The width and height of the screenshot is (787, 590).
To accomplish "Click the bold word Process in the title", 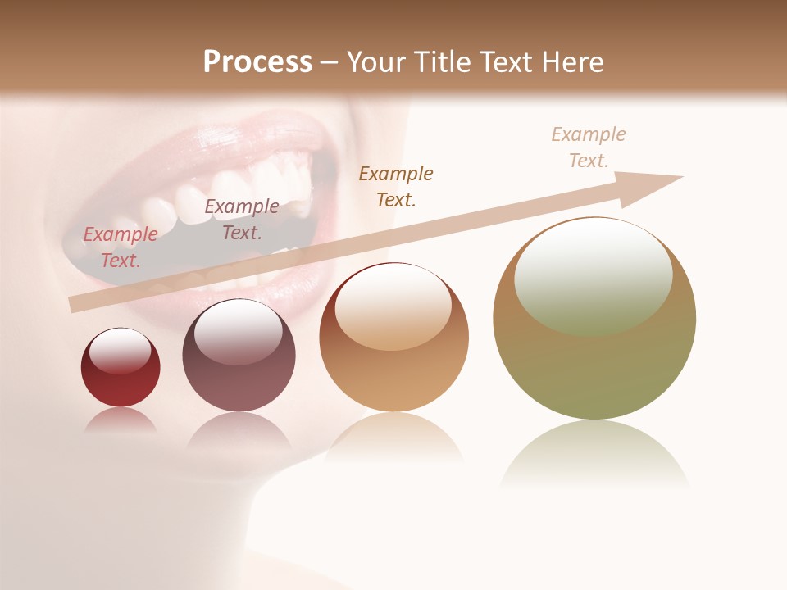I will click(x=257, y=62).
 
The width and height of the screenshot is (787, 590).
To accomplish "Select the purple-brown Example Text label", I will click(x=241, y=220).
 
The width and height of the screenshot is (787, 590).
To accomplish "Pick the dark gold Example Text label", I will click(x=396, y=186).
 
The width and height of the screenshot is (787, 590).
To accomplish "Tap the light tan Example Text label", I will click(x=588, y=147).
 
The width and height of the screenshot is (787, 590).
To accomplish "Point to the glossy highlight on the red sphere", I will click(x=121, y=351).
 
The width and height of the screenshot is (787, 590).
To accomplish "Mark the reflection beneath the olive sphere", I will click(x=594, y=455).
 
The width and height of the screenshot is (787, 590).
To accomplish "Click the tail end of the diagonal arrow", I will click(x=75, y=304).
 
